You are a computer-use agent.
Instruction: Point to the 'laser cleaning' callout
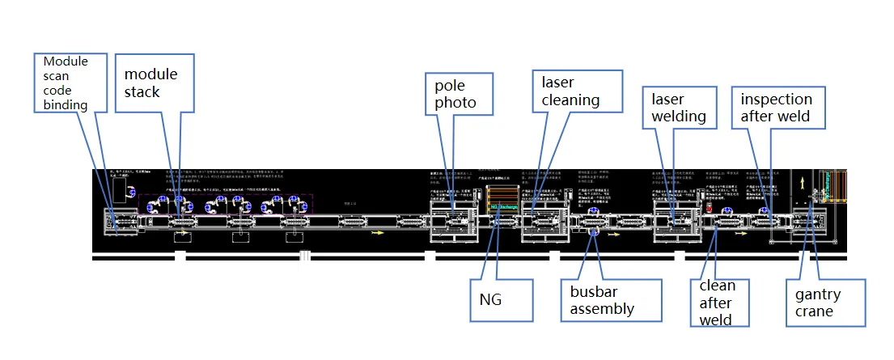[576, 91]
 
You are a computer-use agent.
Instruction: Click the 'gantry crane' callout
[825, 303]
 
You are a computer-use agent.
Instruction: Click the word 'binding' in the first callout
[65, 104]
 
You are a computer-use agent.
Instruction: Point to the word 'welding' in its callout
[679, 116]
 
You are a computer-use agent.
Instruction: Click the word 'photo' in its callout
[455, 103]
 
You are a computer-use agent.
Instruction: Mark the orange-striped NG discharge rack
[504, 194]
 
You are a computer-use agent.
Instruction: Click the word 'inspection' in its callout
[776, 100]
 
